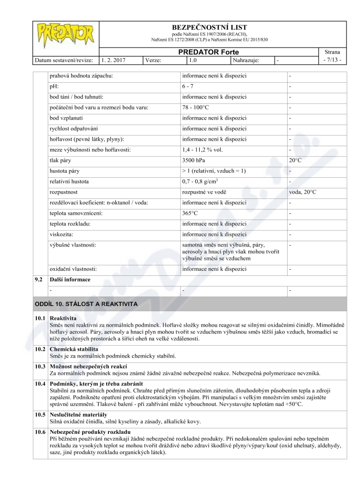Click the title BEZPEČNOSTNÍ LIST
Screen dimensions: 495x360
pyautogui.click(x=210, y=27)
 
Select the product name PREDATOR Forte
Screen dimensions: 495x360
pyautogui.click(x=208, y=52)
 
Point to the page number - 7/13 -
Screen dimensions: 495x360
pyautogui.click(x=333, y=60)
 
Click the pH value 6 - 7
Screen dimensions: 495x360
pyautogui.click(x=188, y=86)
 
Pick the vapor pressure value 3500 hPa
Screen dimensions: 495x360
pyautogui.click(x=193, y=160)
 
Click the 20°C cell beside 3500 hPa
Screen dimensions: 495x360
pyautogui.click(x=296, y=160)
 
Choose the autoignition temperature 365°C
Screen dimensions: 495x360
pyautogui.click(x=191, y=213)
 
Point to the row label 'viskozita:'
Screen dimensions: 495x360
pyautogui.click(x=61, y=234)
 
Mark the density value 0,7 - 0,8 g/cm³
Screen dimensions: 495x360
pyautogui.click(x=200, y=181)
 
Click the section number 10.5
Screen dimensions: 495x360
pyautogui.click(x=40, y=414)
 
